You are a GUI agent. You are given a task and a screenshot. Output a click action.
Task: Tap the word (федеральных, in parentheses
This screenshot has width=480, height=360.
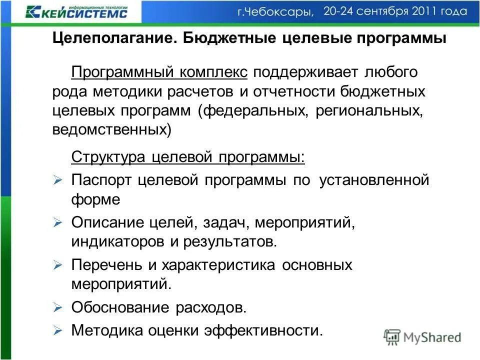click(253, 110)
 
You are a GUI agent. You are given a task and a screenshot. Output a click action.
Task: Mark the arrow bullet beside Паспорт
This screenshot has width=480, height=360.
click(57, 179)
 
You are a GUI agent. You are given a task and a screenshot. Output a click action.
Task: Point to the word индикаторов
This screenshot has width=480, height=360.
click(117, 242)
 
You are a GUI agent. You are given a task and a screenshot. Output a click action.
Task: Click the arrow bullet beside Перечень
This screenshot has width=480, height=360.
click(57, 264)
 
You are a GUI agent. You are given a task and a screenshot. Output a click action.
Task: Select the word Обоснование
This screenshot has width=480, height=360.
click(121, 307)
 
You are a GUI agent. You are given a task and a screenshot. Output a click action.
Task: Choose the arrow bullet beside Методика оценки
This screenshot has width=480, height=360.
click(57, 330)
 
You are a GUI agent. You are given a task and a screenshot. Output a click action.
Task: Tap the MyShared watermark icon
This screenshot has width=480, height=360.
click(392, 336)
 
